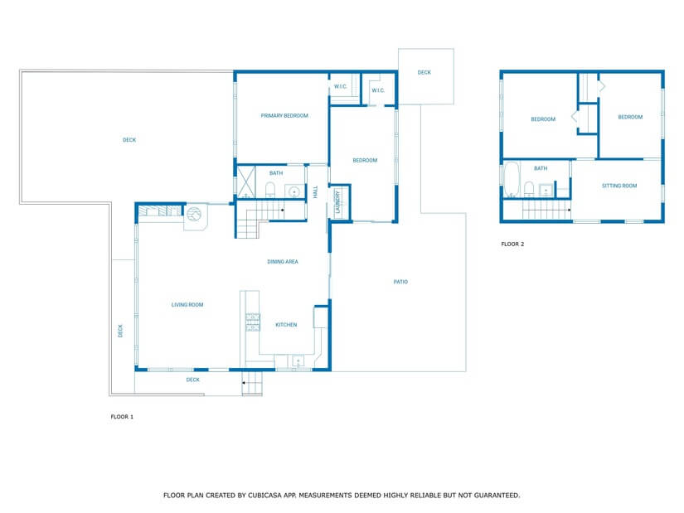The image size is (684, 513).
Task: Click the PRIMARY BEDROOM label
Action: click(x=284, y=116)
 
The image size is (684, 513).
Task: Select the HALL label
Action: click(x=315, y=191)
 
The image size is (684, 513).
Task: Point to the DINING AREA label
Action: click(x=283, y=262)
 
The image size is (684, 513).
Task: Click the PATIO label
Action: click(x=400, y=282)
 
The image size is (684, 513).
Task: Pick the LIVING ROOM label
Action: click(x=187, y=305)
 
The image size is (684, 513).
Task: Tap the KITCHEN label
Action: click(x=286, y=325)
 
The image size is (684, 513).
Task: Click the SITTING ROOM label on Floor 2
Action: click(x=619, y=186)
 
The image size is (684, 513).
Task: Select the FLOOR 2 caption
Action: click(x=512, y=244)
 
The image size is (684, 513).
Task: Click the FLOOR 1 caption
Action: click(x=122, y=417)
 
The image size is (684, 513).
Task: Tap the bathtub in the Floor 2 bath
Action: click(x=512, y=180)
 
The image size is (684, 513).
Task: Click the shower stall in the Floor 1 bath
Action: click(x=246, y=182)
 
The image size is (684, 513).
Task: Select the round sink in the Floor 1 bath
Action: click(x=293, y=191)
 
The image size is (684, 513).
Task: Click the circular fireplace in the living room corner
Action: click(x=193, y=215)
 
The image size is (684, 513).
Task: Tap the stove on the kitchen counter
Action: click(x=252, y=322)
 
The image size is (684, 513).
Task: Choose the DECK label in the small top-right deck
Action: click(x=424, y=73)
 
